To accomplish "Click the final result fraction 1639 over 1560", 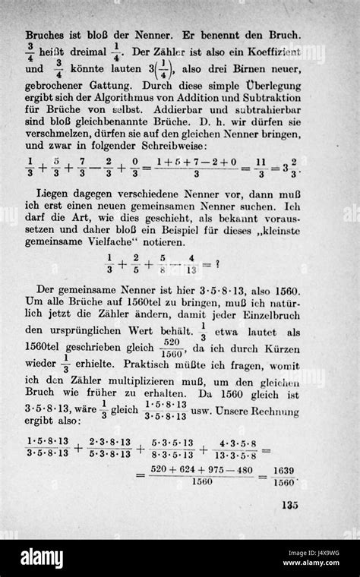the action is (x=283, y=476).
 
